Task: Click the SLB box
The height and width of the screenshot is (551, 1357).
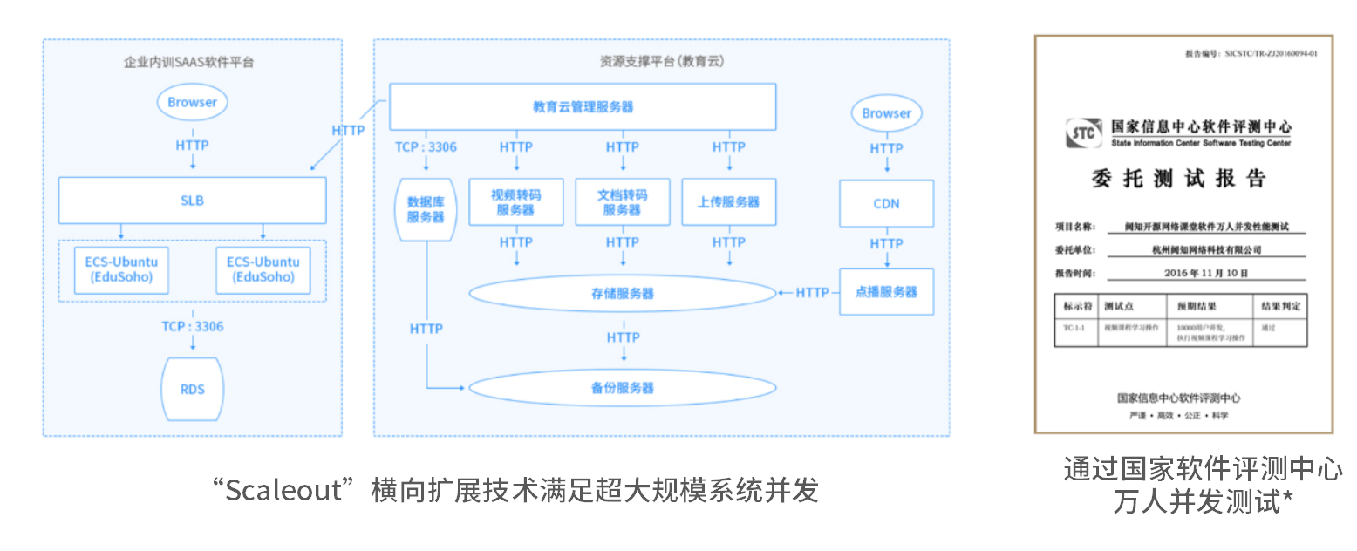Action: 192,201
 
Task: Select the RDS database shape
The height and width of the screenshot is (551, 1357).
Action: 192,388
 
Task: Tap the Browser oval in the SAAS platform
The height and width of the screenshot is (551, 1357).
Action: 192,103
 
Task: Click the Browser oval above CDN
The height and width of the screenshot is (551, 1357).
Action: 886,113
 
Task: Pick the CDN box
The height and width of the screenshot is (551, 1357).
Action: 886,204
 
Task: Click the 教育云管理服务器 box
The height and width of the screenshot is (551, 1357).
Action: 583,107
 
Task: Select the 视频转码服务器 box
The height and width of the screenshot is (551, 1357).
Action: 515,202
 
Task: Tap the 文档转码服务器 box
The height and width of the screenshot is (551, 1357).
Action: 622,202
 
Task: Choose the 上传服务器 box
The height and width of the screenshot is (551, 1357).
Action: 728,202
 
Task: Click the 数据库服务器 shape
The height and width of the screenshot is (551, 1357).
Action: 426,209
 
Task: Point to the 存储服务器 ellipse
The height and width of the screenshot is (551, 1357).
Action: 622,294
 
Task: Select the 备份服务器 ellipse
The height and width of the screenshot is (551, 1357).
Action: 622,387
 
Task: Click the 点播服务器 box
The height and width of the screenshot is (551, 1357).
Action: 886,292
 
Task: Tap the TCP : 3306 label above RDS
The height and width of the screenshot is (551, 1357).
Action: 192,327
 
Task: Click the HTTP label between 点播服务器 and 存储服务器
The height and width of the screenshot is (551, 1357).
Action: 812,293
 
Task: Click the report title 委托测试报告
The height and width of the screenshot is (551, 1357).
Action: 1178,180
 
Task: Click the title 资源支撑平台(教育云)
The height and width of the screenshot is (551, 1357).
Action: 661,62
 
